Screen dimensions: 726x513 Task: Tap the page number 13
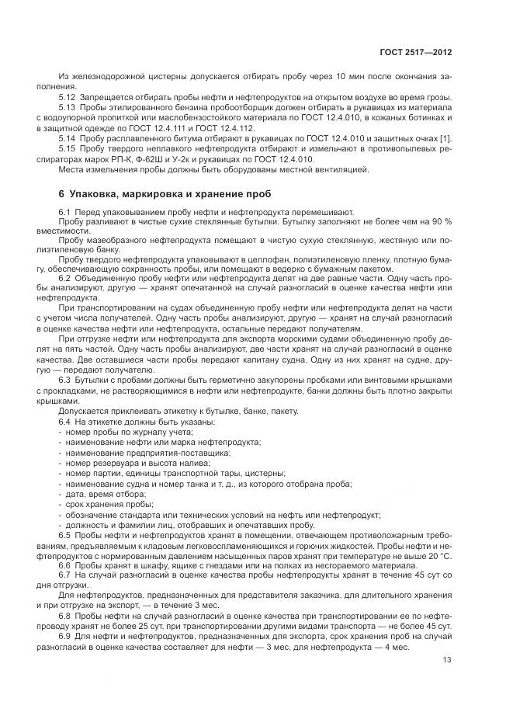coord(447,660)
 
